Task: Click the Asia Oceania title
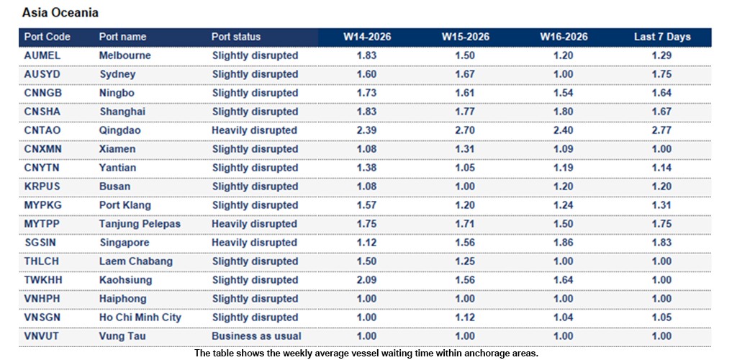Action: pos(60,13)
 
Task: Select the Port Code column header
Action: pos(48,37)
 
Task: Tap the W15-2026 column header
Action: pos(466,37)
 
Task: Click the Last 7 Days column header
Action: pos(661,37)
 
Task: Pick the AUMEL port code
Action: pos(42,55)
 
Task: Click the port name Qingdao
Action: pos(119,130)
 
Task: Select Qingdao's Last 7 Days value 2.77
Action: pos(661,130)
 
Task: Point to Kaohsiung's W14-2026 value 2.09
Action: pos(367,280)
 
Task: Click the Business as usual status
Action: pos(256,336)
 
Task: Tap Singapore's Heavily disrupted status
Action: pos(254,243)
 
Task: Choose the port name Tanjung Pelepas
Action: pos(140,224)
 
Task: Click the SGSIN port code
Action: pos(40,243)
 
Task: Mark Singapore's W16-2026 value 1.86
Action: pos(564,243)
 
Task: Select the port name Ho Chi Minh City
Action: pos(140,318)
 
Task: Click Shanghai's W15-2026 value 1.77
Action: pos(466,112)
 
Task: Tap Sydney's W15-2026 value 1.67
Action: pos(466,74)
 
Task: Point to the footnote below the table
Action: pos(366,353)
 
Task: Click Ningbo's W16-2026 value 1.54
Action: pos(564,93)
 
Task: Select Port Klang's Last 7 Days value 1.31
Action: pos(661,205)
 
